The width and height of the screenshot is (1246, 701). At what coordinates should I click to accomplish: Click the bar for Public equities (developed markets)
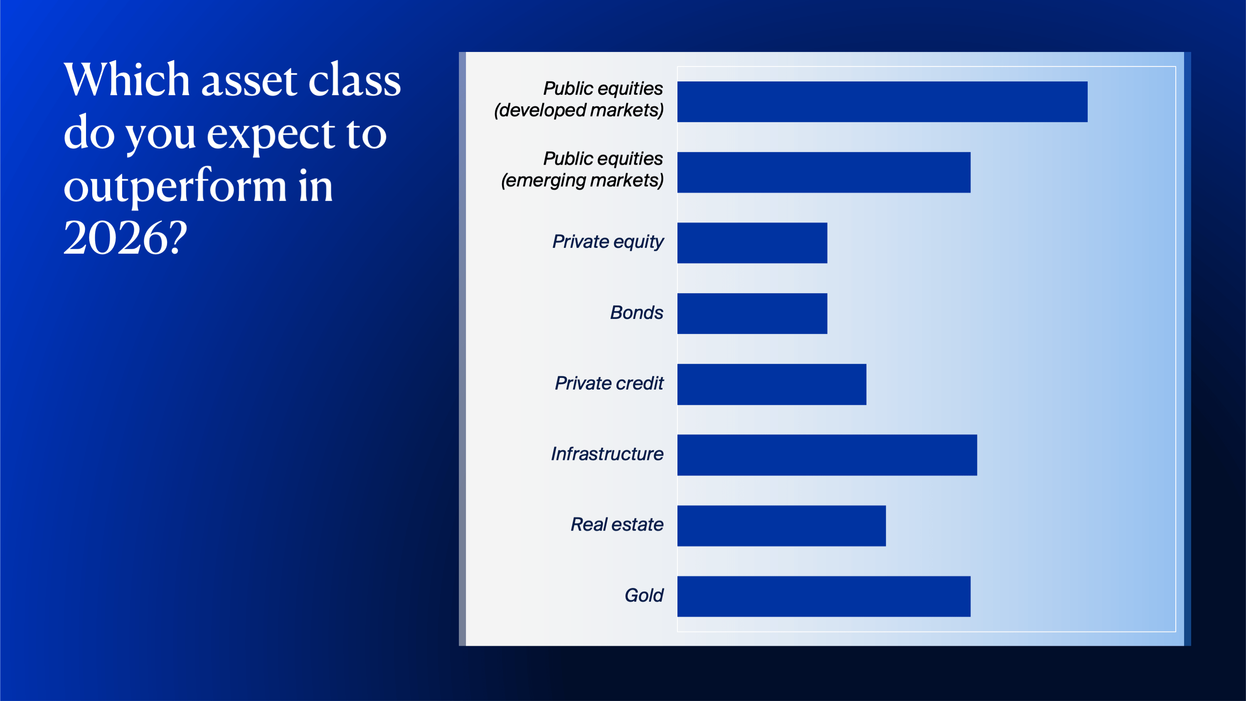(882, 101)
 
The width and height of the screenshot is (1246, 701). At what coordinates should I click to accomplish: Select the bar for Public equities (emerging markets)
(824, 172)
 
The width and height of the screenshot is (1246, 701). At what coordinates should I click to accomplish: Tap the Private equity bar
(752, 243)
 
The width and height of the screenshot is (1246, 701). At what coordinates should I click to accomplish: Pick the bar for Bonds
(752, 313)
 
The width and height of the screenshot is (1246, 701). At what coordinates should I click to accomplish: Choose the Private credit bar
(771, 384)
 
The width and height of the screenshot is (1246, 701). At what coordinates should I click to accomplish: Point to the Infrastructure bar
(827, 455)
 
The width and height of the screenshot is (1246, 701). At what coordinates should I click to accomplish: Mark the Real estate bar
(782, 526)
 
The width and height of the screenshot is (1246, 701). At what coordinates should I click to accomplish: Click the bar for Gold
(824, 597)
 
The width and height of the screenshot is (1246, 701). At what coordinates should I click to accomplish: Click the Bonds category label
(637, 313)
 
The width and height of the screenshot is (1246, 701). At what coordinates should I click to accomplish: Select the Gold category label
(644, 595)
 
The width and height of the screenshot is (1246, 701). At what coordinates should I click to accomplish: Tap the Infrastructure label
(607, 454)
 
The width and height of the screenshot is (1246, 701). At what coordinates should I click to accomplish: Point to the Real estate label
(617, 524)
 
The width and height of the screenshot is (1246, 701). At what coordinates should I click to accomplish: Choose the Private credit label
(609, 383)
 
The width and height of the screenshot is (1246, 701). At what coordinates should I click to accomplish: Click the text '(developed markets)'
(579, 110)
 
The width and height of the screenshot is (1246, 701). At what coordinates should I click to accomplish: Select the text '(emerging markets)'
(582, 180)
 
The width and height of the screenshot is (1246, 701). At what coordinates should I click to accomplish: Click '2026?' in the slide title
(125, 237)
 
